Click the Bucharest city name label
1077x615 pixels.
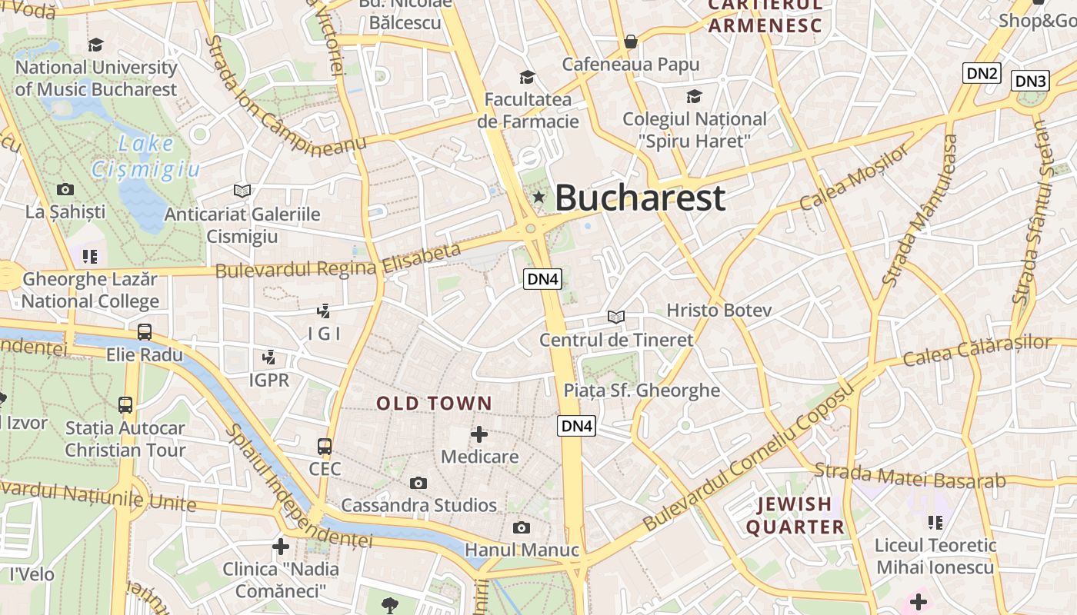[x=639, y=198]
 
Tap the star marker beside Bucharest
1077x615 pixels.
[x=538, y=198]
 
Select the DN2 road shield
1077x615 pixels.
[x=982, y=73]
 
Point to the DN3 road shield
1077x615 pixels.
[x=1030, y=81]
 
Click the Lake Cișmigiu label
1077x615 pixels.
[x=145, y=156]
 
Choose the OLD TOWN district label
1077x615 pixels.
[x=434, y=403]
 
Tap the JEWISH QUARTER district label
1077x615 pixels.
[x=795, y=515]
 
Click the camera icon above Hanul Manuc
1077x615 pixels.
[x=522, y=527]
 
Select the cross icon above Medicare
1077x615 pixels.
[x=479, y=434]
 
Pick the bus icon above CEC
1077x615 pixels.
[x=325, y=446]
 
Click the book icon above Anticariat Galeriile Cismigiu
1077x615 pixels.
[x=242, y=190]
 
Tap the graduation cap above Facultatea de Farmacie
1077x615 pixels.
[x=527, y=77]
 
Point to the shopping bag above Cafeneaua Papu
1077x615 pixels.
[x=631, y=41]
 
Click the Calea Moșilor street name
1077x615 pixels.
[x=854, y=178]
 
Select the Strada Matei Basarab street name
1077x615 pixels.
[x=909, y=476]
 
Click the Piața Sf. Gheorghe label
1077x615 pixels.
[x=642, y=390]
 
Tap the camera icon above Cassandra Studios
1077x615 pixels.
[x=418, y=483]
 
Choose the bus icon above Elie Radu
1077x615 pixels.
[x=145, y=332]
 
